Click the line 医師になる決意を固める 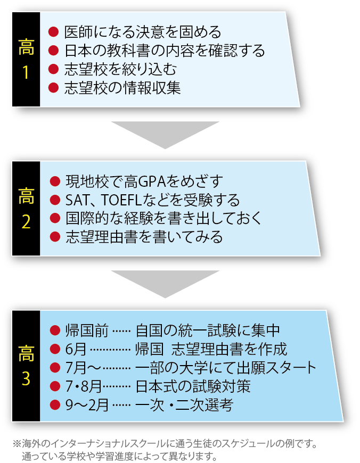142,32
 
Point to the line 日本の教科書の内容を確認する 163,51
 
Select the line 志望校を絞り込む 119,69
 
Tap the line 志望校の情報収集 122,87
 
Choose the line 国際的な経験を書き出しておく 163,218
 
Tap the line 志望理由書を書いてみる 143,237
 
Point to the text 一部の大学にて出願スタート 226,367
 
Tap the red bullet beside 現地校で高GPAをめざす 53,182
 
